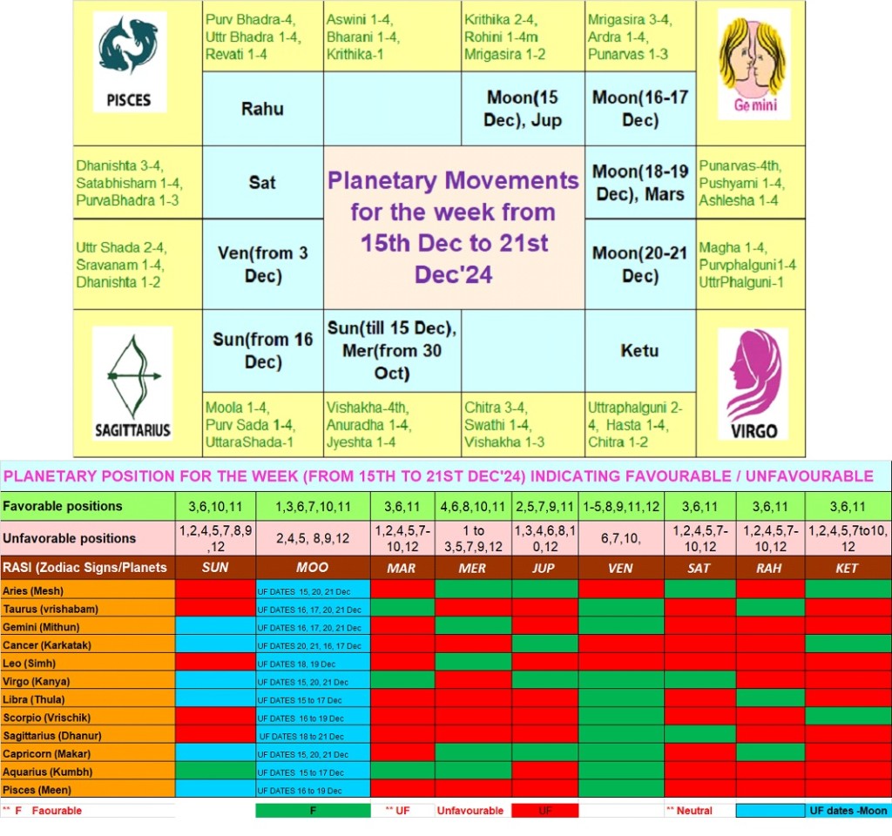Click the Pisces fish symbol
(x=128, y=45)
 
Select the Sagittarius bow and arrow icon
(x=133, y=376)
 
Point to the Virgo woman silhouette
(x=755, y=375)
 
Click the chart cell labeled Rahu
(x=263, y=109)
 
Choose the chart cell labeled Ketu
(x=640, y=350)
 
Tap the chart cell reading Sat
(x=263, y=182)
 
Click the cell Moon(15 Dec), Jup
(x=523, y=109)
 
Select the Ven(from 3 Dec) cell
(x=263, y=264)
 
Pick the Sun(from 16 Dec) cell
(x=263, y=350)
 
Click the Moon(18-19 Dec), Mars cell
(x=640, y=182)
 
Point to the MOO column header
(x=313, y=567)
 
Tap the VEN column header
(x=620, y=567)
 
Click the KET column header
(x=847, y=567)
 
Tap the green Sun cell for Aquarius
(x=215, y=772)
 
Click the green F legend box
(x=313, y=811)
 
